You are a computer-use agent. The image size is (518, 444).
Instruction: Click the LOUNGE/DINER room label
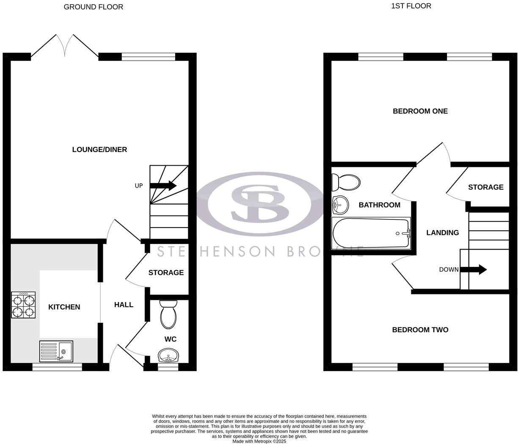click(x=99, y=150)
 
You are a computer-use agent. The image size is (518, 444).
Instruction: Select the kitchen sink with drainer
click(x=56, y=351)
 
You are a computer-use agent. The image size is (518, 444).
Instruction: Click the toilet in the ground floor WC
click(x=168, y=315)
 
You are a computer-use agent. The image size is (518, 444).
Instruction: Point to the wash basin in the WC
click(x=169, y=356)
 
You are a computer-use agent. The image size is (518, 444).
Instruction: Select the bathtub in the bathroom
click(x=371, y=233)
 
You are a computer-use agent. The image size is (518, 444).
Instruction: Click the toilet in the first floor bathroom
click(x=345, y=183)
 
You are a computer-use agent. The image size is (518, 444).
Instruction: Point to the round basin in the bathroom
click(x=340, y=205)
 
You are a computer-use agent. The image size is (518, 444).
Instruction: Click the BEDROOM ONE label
click(x=420, y=111)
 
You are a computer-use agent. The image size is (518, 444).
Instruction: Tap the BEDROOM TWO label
click(x=420, y=330)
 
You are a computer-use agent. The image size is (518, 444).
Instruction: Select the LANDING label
click(x=443, y=233)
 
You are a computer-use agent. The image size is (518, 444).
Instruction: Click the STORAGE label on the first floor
click(x=486, y=187)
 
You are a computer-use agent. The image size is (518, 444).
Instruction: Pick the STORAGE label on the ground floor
click(x=166, y=272)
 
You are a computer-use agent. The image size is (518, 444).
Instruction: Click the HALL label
click(x=124, y=305)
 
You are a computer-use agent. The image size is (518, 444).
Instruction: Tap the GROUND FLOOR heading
click(x=94, y=7)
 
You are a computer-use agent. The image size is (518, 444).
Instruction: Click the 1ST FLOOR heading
click(x=411, y=6)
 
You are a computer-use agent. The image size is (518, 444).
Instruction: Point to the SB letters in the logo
click(x=259, y=204)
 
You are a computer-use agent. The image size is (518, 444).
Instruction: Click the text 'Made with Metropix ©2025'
click(x=259, y=441)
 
